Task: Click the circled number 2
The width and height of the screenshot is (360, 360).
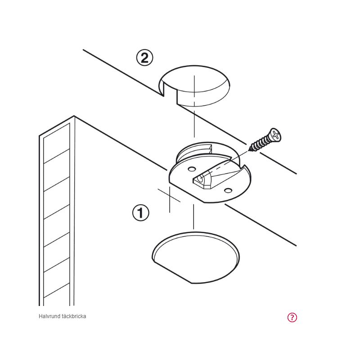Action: click(x=144, y=58)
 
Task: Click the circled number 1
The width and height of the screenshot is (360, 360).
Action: click(x=141, y=213)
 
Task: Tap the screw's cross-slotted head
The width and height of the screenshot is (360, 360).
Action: click(x=275, y=135)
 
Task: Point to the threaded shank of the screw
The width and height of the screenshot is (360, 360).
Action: click(x=261, y=144)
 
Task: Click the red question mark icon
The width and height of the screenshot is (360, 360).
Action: click(x=292, y=317)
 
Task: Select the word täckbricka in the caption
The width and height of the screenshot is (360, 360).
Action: click(x=74, y=316)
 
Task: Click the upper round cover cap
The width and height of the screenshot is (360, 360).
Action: click(x=195, y=86)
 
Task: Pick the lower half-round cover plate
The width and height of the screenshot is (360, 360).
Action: click(x=196, y=257)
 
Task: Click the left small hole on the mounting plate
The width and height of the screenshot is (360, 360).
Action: click(x=192, y=170)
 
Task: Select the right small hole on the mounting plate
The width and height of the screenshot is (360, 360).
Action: click(x=228, y=190)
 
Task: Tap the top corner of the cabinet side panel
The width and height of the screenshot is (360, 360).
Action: click(x=74, y=116)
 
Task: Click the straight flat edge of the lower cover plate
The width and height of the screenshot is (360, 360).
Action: click(x=172, y=272)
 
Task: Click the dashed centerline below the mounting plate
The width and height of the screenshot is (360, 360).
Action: click(x=193, y=217)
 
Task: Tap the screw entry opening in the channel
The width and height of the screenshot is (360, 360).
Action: click(x=200, y=179)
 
